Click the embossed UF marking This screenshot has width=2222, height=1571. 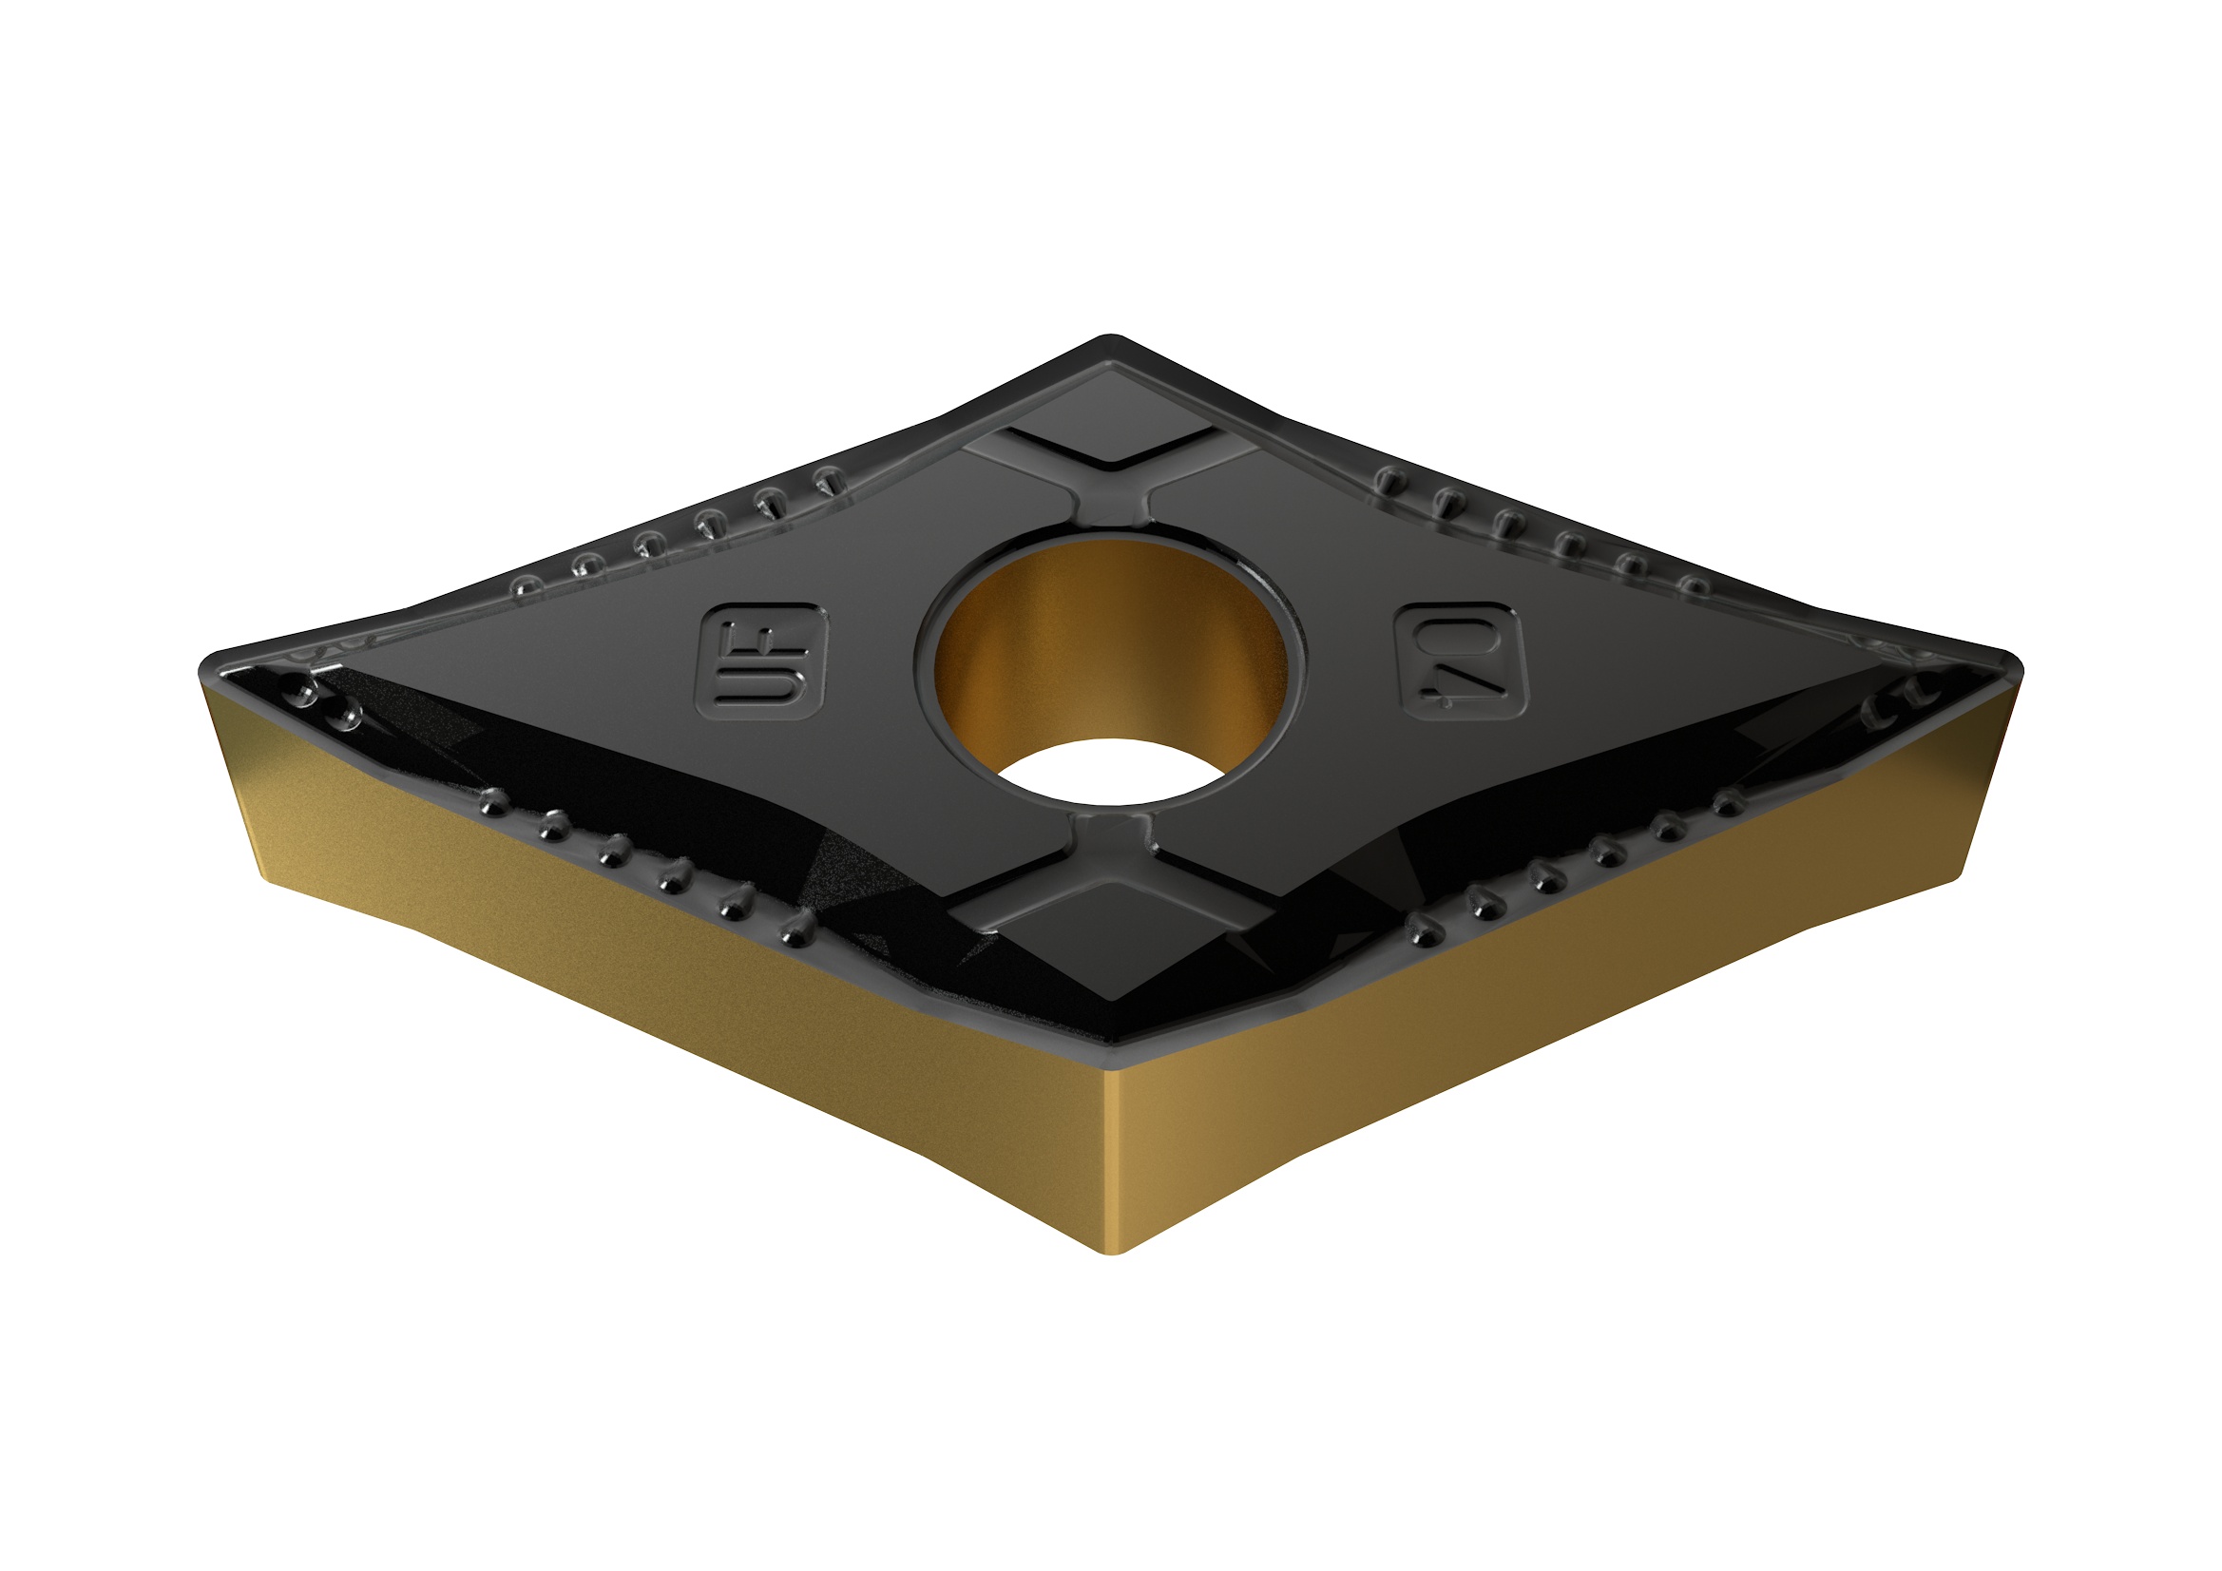pyautogui.click(x=760, y=662)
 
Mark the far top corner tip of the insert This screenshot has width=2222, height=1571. pyautogui.click(x=1110, y=338)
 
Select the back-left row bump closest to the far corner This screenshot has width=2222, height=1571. pyautogui.click(x=829, y=477)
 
